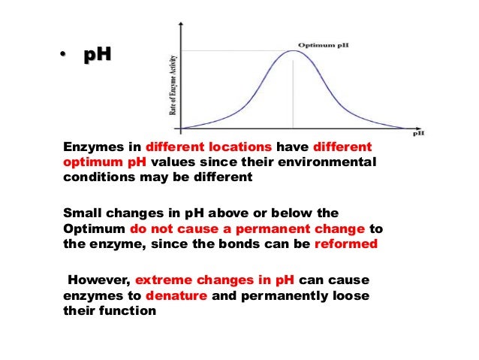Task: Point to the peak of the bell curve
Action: (293, 51)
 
